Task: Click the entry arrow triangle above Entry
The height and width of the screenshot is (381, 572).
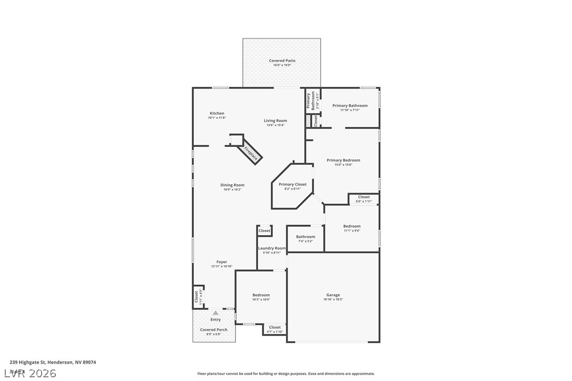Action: tap(215, 313)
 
